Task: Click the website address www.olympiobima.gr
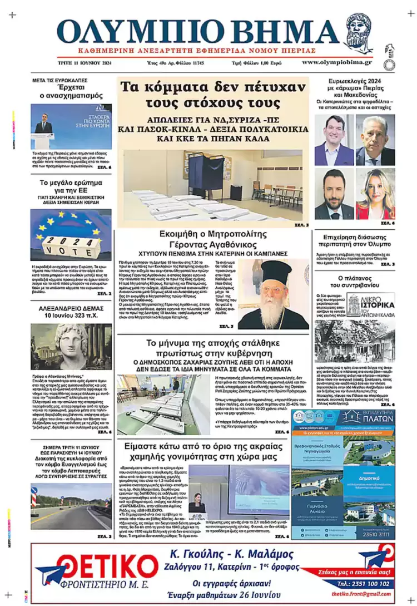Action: point(337,62)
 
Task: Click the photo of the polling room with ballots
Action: point(213,185)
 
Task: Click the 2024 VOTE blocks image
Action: point(71,234)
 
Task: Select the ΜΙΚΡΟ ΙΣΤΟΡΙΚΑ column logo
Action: point(370,304)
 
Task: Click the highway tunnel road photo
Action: point(71,506)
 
